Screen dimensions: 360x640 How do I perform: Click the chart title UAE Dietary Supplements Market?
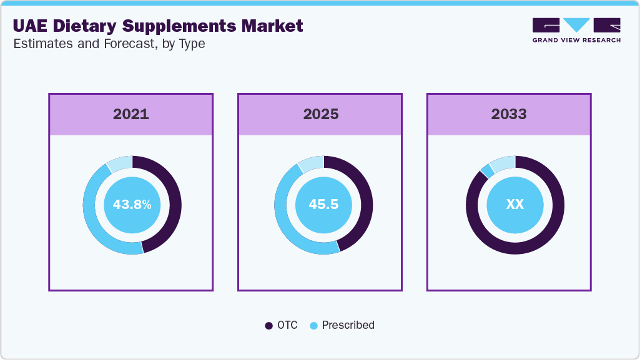[157, 26]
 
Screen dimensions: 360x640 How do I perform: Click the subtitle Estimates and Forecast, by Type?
[108, 44]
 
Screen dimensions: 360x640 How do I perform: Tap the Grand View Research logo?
[576, 29]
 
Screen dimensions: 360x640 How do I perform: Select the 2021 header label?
[131, 114]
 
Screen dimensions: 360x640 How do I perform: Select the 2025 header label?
[320, 114]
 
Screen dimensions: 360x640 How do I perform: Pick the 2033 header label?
[509, 114]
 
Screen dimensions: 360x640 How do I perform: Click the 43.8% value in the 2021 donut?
[132, 205]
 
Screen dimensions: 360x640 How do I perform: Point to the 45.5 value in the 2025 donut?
[323, 205]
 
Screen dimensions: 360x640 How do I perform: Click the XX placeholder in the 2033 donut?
[515, 205]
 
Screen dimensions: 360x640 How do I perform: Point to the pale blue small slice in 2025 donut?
[311, 163]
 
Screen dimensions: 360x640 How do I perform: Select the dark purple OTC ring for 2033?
[515, 248]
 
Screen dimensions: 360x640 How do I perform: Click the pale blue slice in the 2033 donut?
[503, 163]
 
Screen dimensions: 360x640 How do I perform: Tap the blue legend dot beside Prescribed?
[313, 326]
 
